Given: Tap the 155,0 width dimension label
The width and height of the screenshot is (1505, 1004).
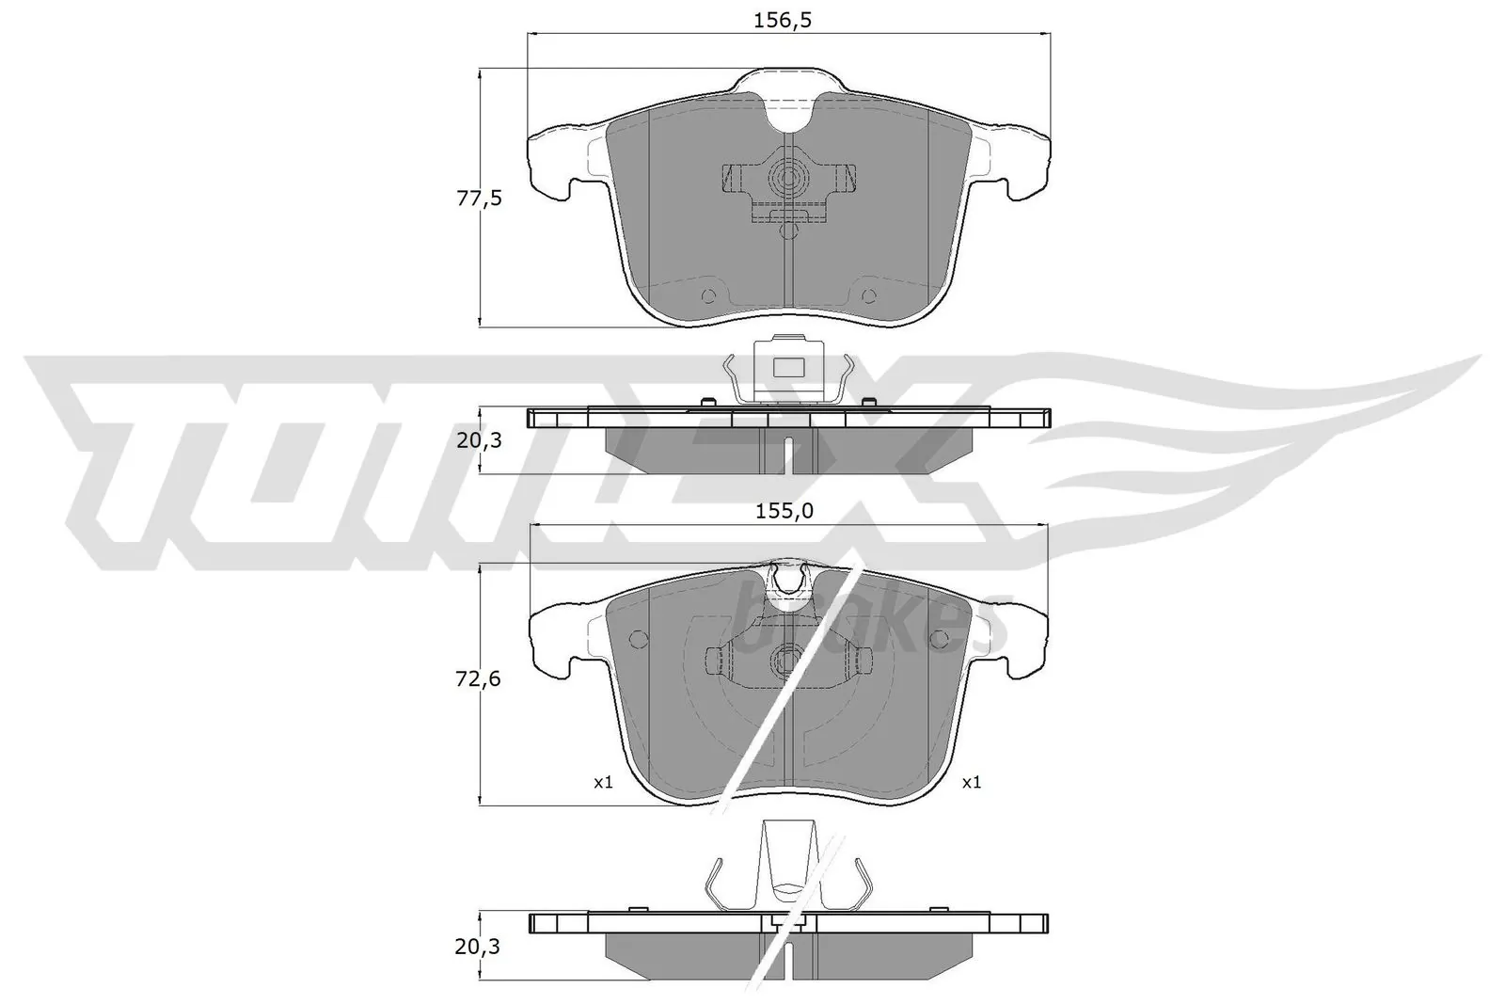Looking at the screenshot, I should (x=784, y=511).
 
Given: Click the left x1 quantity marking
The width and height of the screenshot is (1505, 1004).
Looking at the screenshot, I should (x=603, y=782).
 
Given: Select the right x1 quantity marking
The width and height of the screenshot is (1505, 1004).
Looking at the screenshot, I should (x=972, y=782).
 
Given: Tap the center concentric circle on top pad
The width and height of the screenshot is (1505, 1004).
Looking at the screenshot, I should (x=788, y=178).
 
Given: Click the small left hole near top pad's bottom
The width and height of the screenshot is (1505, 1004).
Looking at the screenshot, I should (x=708, y=296).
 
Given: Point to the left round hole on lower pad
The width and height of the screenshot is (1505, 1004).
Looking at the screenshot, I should (x=639, y=640).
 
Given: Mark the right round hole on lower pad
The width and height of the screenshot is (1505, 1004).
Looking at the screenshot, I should (x=938, y=640).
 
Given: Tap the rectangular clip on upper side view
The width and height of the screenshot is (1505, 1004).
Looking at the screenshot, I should (x=788, y=370).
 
